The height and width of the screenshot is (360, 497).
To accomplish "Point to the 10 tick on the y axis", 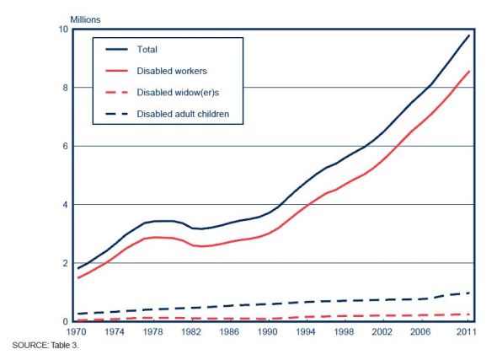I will click(x=62, y=30).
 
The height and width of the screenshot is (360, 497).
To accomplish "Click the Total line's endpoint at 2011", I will click(x=469, y=35).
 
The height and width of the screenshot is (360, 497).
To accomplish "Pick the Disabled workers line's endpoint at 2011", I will click(x=469, y=71).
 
